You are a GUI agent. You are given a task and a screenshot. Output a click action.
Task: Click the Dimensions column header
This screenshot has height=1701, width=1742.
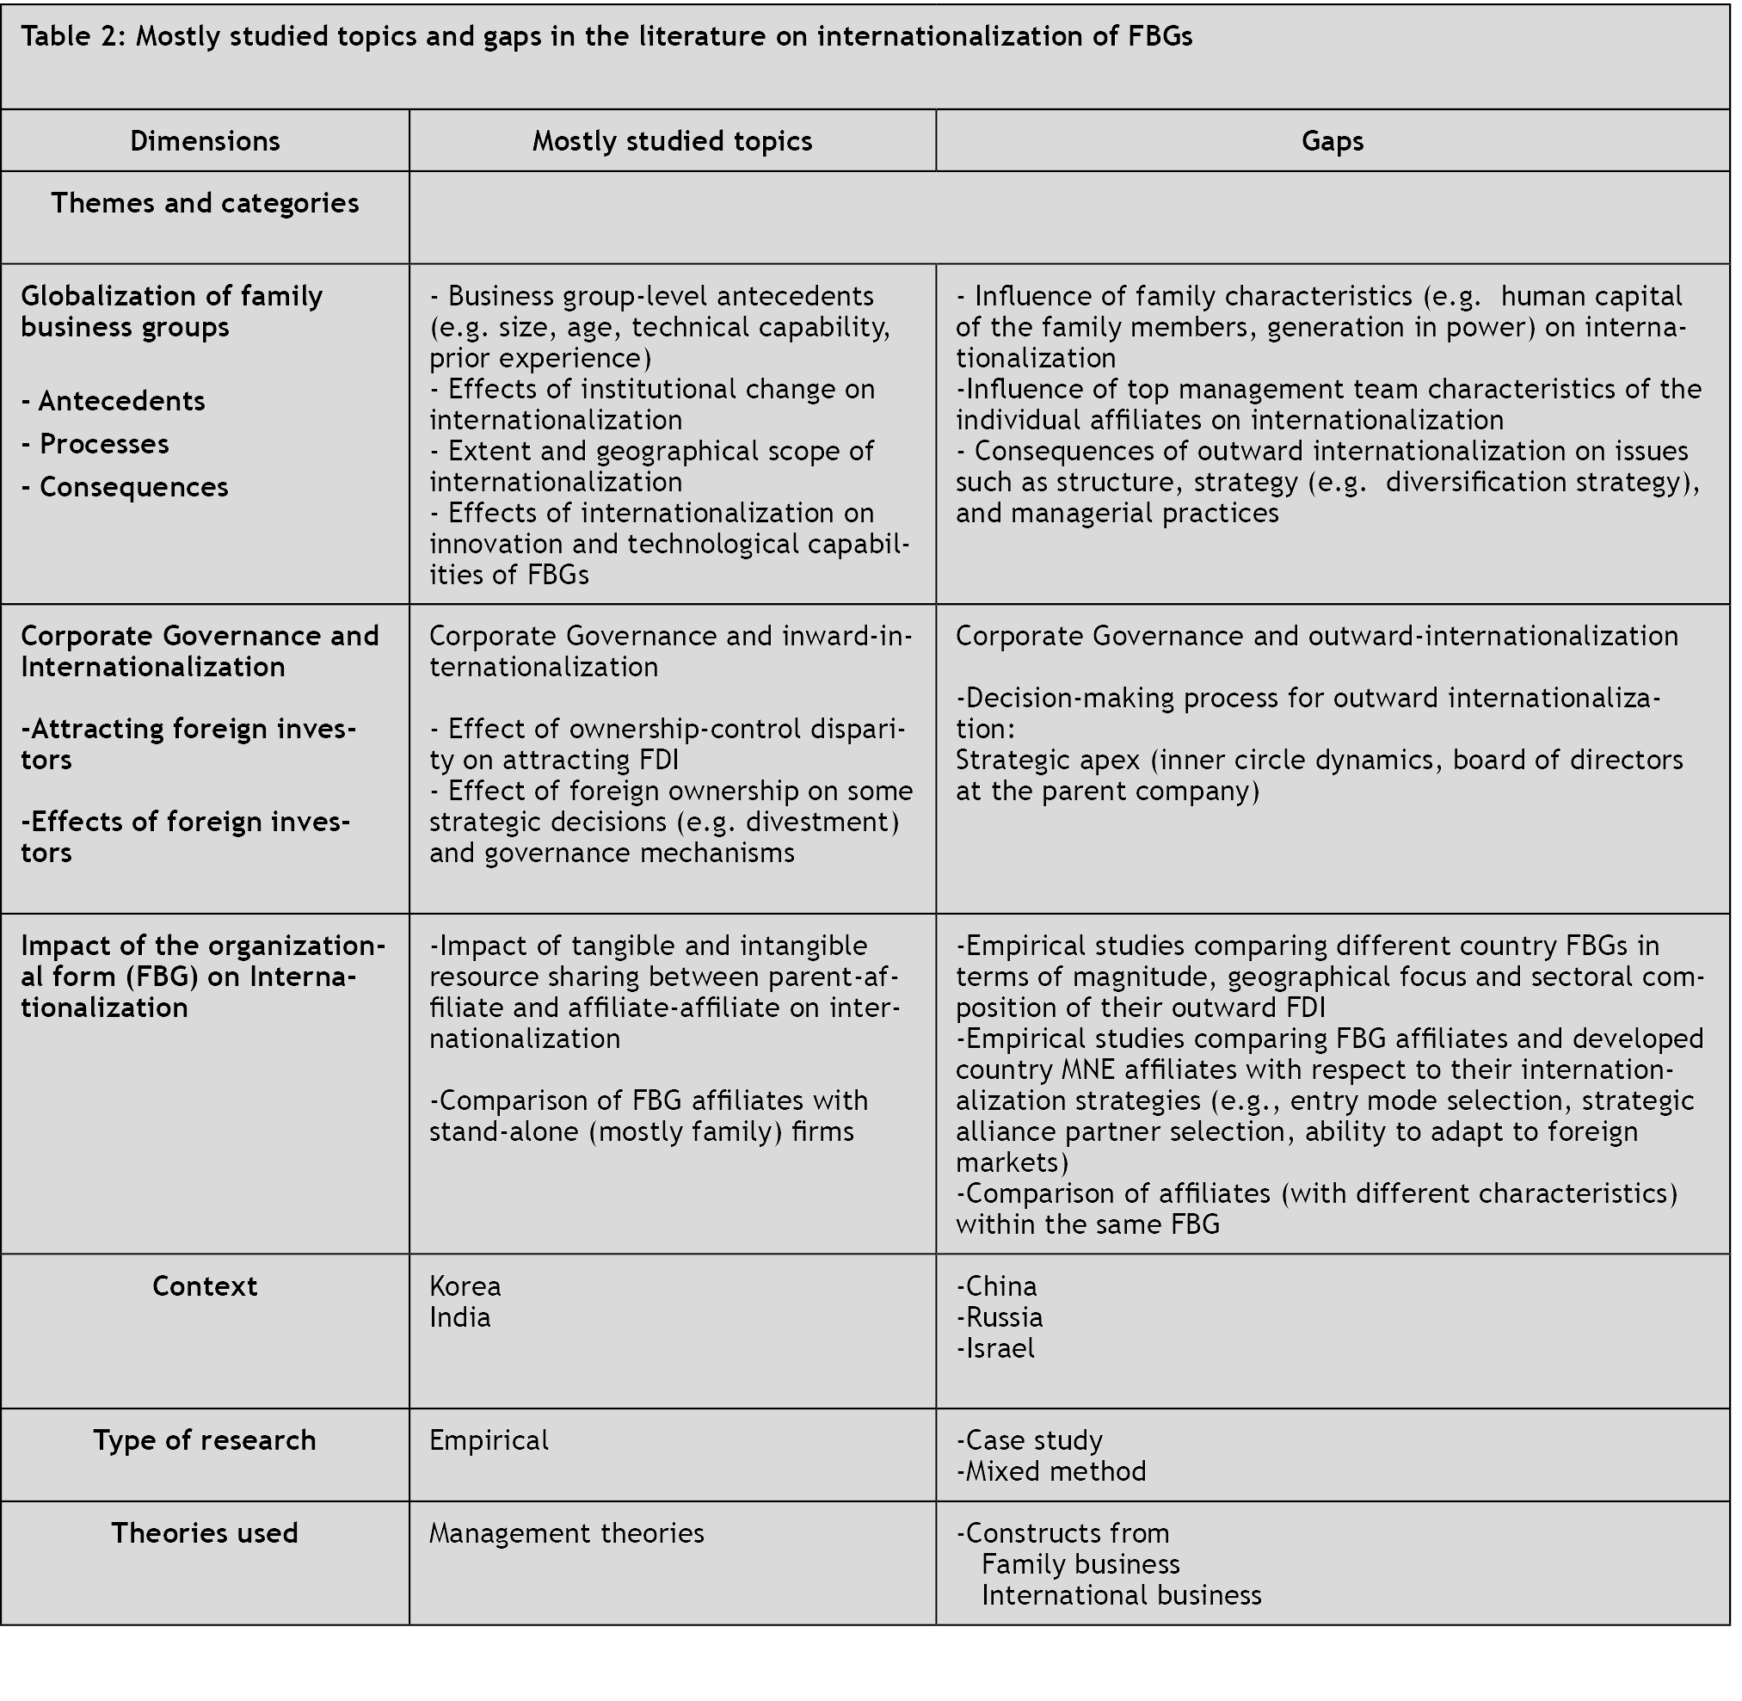click(205, 141)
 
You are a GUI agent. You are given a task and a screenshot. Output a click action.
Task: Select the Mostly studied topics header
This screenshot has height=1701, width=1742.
click(672, 141)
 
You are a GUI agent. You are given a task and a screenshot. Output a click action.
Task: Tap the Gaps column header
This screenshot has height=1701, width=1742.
click(1332, 141)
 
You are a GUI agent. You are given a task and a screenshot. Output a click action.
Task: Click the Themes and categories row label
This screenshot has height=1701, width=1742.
click(205, 203)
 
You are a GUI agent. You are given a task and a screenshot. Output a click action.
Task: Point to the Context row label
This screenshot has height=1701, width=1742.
click(205, 1285)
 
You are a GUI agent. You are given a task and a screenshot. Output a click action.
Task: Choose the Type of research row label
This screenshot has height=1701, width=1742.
click(205, 1440)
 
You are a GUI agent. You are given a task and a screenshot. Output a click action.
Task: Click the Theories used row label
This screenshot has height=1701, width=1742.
click(205, 1533)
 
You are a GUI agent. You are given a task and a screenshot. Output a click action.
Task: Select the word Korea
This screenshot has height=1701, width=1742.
click(465, 1285)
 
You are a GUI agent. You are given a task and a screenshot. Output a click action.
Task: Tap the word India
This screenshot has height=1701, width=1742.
click(459, 1317)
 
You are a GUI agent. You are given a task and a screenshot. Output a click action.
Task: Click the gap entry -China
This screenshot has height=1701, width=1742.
click(996, 1285)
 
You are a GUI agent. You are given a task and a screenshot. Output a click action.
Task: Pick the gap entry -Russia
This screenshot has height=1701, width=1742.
click(999, 1317)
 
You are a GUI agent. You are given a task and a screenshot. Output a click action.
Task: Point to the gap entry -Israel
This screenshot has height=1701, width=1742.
click(995, 1348)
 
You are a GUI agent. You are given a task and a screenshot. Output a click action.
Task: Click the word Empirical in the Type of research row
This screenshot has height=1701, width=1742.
click(489, 1440)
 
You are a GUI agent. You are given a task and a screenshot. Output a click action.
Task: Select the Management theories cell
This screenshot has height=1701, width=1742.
click(566, 1533)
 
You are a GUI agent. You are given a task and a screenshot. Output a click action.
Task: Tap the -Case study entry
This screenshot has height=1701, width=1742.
click(1029, 1440)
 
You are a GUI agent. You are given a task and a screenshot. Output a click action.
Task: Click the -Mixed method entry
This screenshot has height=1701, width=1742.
click(1050, 1471)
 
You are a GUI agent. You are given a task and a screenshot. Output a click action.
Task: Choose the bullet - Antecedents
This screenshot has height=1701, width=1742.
click(114, 401)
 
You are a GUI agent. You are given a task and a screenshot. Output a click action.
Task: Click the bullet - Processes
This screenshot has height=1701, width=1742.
click(95, 444)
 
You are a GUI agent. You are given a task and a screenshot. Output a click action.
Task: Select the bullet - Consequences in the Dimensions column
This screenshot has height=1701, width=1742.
click(125, 487)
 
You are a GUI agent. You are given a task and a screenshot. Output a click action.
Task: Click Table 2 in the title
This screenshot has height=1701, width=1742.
click(73, 37)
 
